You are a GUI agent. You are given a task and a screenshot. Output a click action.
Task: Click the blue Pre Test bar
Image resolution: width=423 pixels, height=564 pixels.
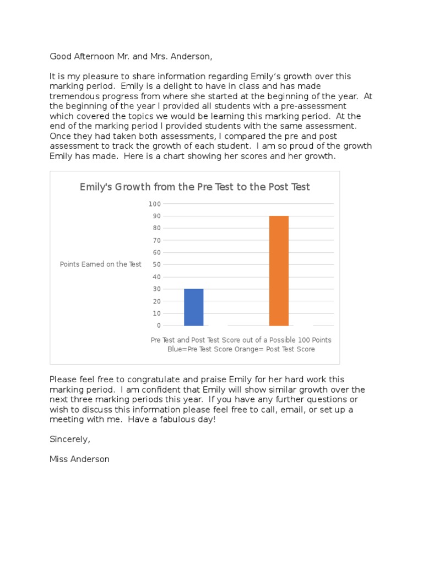tap(193, 307)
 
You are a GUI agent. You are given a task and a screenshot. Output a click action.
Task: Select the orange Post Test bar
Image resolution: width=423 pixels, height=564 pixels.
tap(279, 270)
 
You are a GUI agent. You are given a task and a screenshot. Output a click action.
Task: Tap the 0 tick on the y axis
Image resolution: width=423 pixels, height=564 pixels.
tap(158, 326)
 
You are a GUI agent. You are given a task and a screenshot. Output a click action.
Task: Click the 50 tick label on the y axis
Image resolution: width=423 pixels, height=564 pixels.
tap(156, 264)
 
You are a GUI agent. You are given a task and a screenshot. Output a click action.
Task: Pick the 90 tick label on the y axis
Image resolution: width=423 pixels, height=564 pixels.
tap(156, 216)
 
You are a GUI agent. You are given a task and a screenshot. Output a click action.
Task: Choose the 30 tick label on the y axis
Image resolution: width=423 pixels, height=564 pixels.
tap(156, 289)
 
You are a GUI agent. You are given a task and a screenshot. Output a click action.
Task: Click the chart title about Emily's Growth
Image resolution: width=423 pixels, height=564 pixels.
tap(194, 187)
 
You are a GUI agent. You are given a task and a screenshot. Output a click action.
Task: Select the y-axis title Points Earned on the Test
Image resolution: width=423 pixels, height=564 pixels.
tap(101, 264)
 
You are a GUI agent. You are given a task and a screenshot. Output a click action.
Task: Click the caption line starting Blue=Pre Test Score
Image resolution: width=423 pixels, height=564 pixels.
tap(241, 349)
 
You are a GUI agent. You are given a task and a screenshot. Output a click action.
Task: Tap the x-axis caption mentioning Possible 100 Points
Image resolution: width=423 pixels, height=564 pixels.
tap(241, 340)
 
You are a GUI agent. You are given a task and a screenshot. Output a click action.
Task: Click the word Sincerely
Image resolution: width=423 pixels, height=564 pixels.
tap(69, 439)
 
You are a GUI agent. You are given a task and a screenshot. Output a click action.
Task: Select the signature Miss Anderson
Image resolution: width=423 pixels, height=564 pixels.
tap(79, 459)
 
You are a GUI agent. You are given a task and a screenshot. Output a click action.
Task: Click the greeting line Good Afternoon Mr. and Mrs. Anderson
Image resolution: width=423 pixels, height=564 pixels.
tap(131, 56)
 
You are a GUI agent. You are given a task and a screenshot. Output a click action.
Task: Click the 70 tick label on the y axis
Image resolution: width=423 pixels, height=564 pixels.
tap(156, 240)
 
